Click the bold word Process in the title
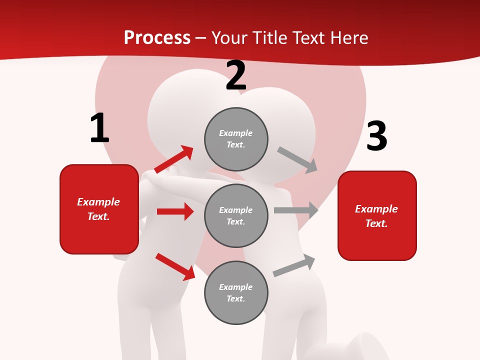tap(157, 38)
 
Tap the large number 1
tap(99, 128)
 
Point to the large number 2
tap(236, 76)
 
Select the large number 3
tap(376, 137)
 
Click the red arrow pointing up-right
tap(173, 159)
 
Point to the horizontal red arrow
tap(175, 211)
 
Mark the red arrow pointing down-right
tap(175, 266)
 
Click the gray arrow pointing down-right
tap(297, 159)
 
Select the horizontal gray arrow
tap(296, 210)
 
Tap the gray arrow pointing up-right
tap(294, 265)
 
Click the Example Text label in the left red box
tap(98, 209)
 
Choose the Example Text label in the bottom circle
tap(236, 292)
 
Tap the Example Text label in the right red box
tap(376, 216)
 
